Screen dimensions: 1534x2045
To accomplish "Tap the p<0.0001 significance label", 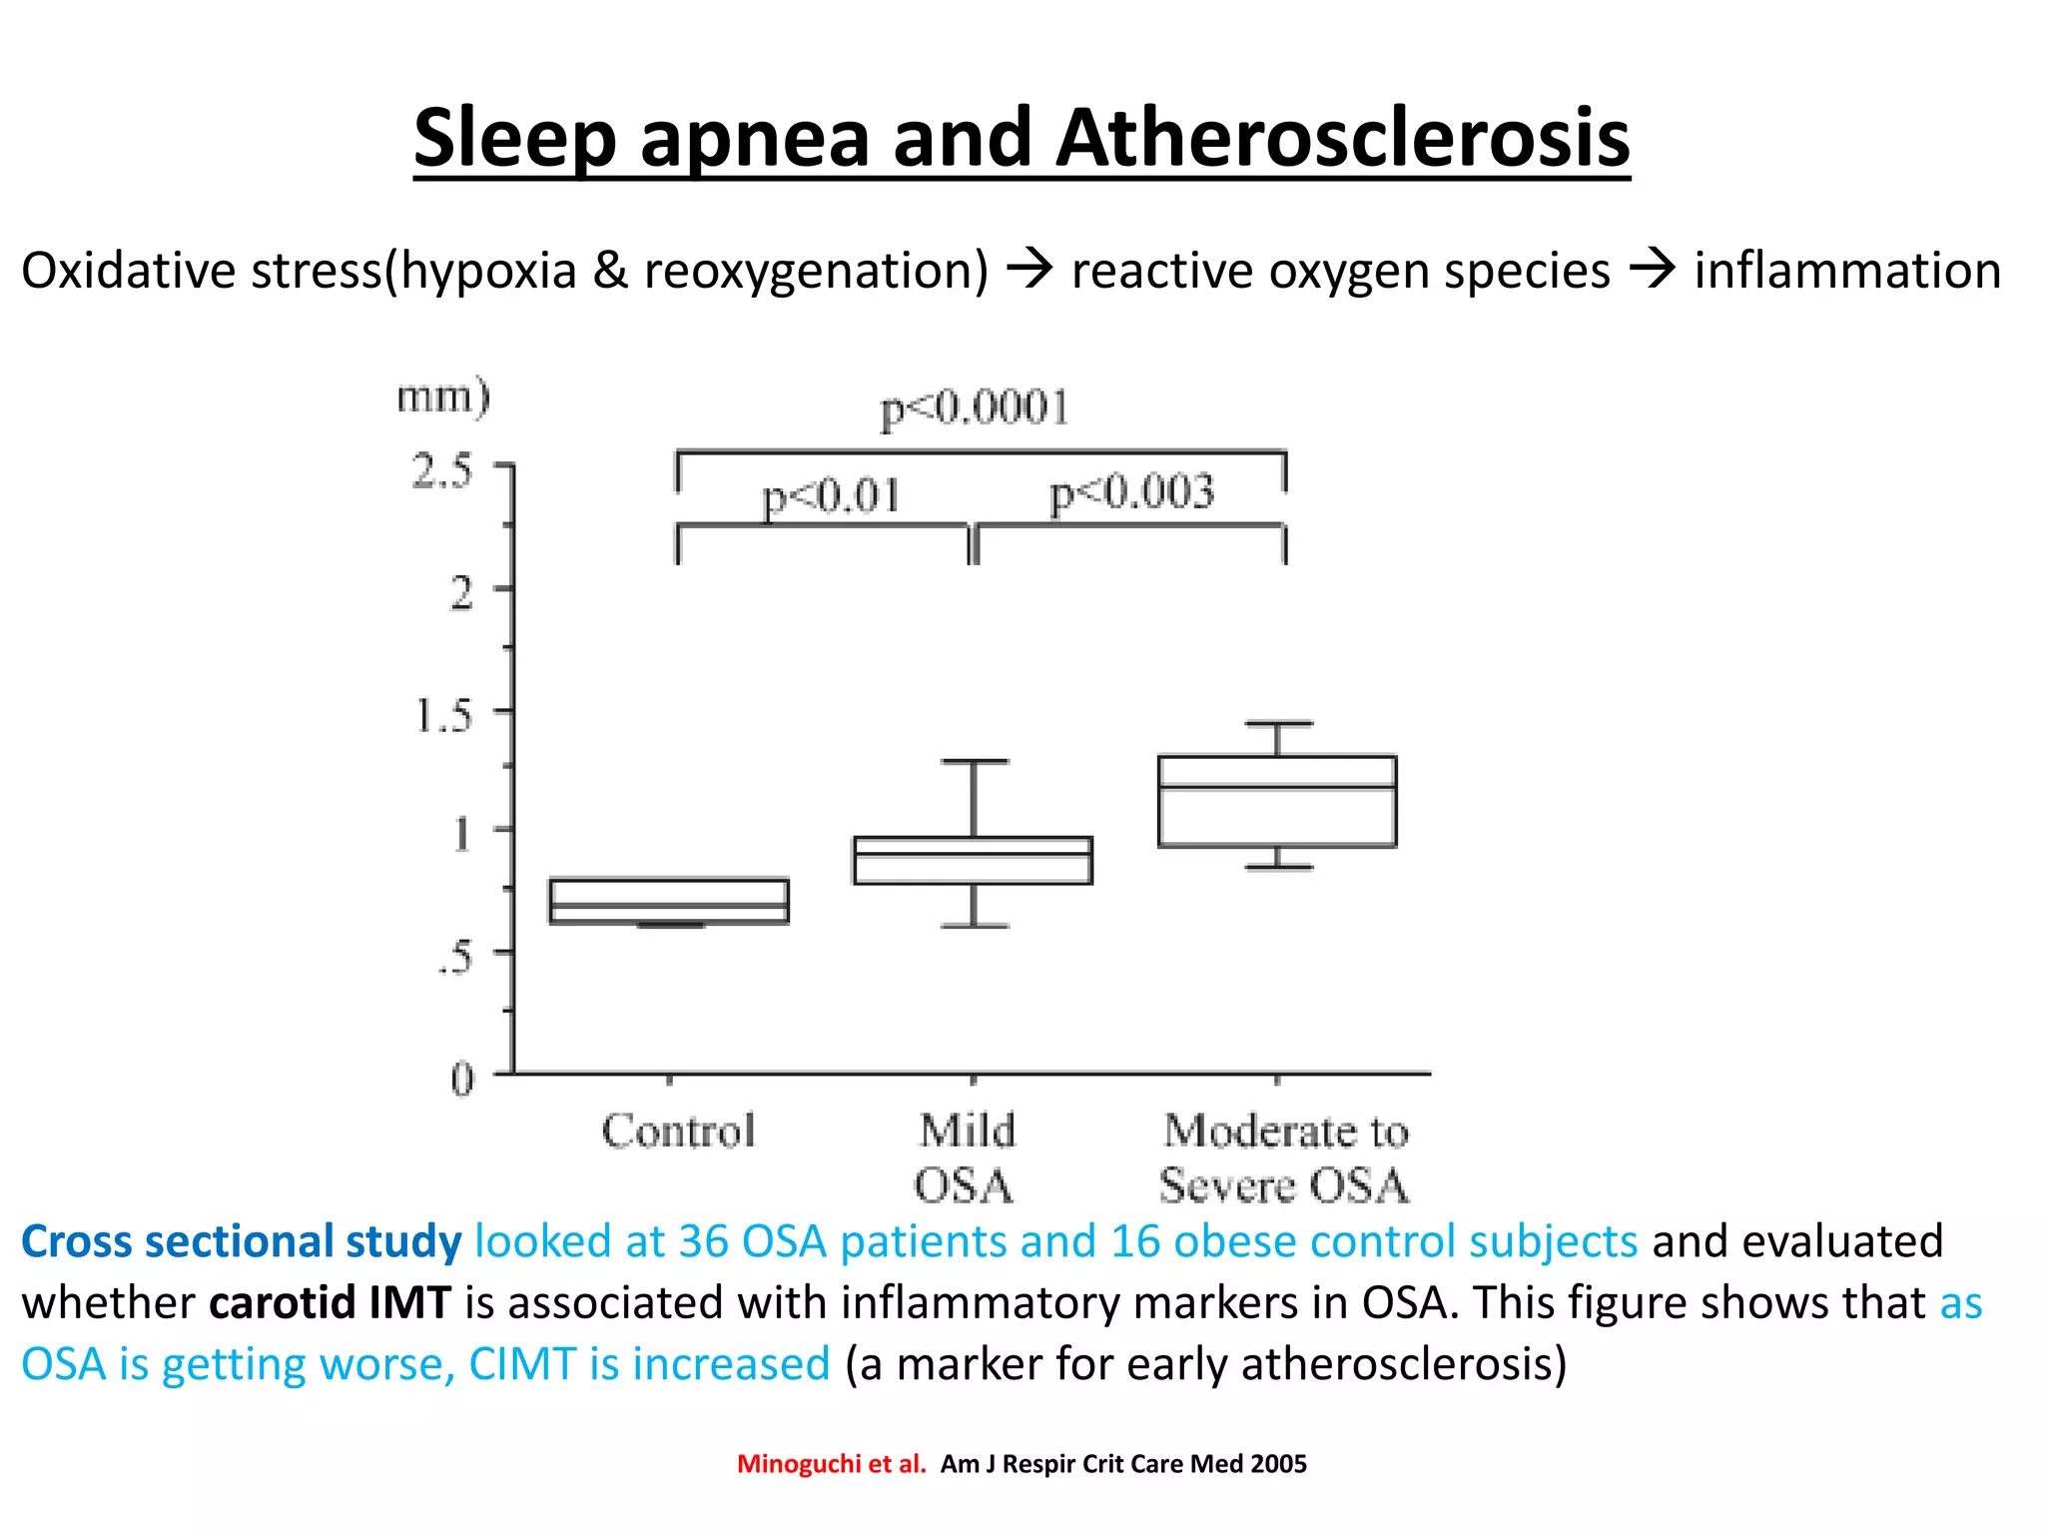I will point(975,408).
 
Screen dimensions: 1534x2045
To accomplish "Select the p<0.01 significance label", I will point(831,496).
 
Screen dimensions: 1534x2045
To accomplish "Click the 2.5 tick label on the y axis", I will point(442,471).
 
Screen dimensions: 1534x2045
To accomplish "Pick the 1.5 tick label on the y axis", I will point(442,716).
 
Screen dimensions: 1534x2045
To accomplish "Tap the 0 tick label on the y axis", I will point(461,1079).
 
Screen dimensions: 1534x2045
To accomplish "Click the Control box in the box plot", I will point(669,901).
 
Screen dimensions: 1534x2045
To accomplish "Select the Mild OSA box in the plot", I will point(973,860).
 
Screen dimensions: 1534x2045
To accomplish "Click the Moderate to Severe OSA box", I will point(1277,802).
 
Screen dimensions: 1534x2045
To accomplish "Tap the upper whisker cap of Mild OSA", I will point(974,762).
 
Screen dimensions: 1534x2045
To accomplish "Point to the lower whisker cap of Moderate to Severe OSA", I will point(1277,867).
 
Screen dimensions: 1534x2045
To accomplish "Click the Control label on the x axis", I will point(678,1132).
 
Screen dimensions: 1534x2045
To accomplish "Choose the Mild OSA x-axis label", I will point(966,1158).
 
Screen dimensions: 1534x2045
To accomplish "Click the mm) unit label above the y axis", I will point(443,396).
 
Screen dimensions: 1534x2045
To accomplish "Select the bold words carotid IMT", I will point(330,1303).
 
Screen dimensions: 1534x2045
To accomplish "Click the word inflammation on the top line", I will point(1847,271).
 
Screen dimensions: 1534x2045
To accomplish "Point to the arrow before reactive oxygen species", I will point(1029,270).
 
